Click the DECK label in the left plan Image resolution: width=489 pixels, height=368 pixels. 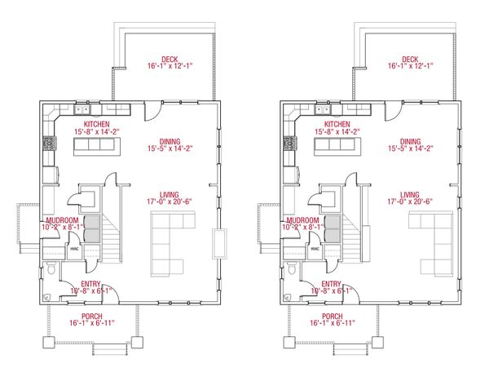coord(170,59)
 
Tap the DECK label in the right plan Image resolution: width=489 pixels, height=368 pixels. coord(409,59)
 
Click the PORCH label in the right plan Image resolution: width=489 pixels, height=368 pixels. coord(332,315)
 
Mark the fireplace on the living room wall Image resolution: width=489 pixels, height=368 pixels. coord(218,243)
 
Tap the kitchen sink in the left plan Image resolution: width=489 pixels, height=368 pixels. coord(82,109)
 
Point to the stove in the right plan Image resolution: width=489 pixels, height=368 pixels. coord(288,147)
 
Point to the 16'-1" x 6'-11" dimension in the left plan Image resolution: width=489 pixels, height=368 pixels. coord(91,323)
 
